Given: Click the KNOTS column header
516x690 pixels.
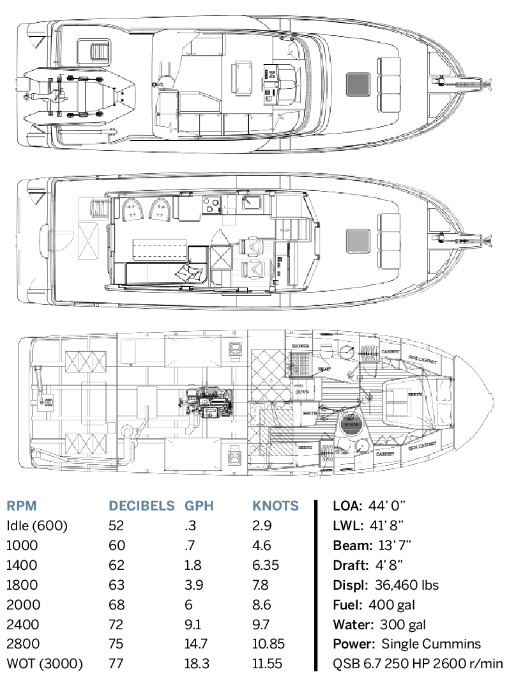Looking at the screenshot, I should point(276,506).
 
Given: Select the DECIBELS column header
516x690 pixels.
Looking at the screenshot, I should point(142,506).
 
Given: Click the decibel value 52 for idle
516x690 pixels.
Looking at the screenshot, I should point(116,526).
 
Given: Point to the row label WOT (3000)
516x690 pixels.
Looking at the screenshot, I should point(45,664).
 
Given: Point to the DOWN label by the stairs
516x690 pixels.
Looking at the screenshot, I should point(303,391).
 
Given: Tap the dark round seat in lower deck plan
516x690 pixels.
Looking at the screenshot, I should point(349,424).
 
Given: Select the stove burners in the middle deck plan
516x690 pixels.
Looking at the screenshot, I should point(211,205).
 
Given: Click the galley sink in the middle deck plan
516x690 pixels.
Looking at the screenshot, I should point(251,204).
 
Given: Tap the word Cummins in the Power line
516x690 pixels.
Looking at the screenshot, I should point(441,645).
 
